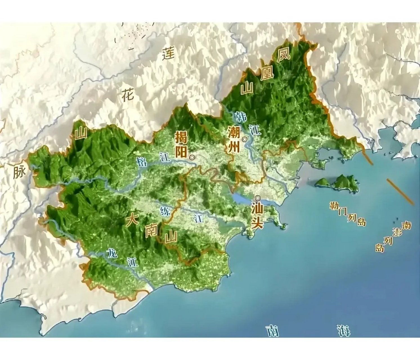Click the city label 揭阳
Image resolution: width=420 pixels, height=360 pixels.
[181, 145]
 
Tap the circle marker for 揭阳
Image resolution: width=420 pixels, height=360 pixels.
[192, 157]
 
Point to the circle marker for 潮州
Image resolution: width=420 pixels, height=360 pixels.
[245, 139]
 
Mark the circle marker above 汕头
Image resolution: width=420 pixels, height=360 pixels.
[258, 198]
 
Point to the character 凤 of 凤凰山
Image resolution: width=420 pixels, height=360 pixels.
[283, 55]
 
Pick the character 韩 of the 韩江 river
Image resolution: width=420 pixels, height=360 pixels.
[240, 116]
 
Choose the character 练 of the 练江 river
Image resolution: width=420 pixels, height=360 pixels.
[165, 211]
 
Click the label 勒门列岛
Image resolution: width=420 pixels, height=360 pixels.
[348, 214]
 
